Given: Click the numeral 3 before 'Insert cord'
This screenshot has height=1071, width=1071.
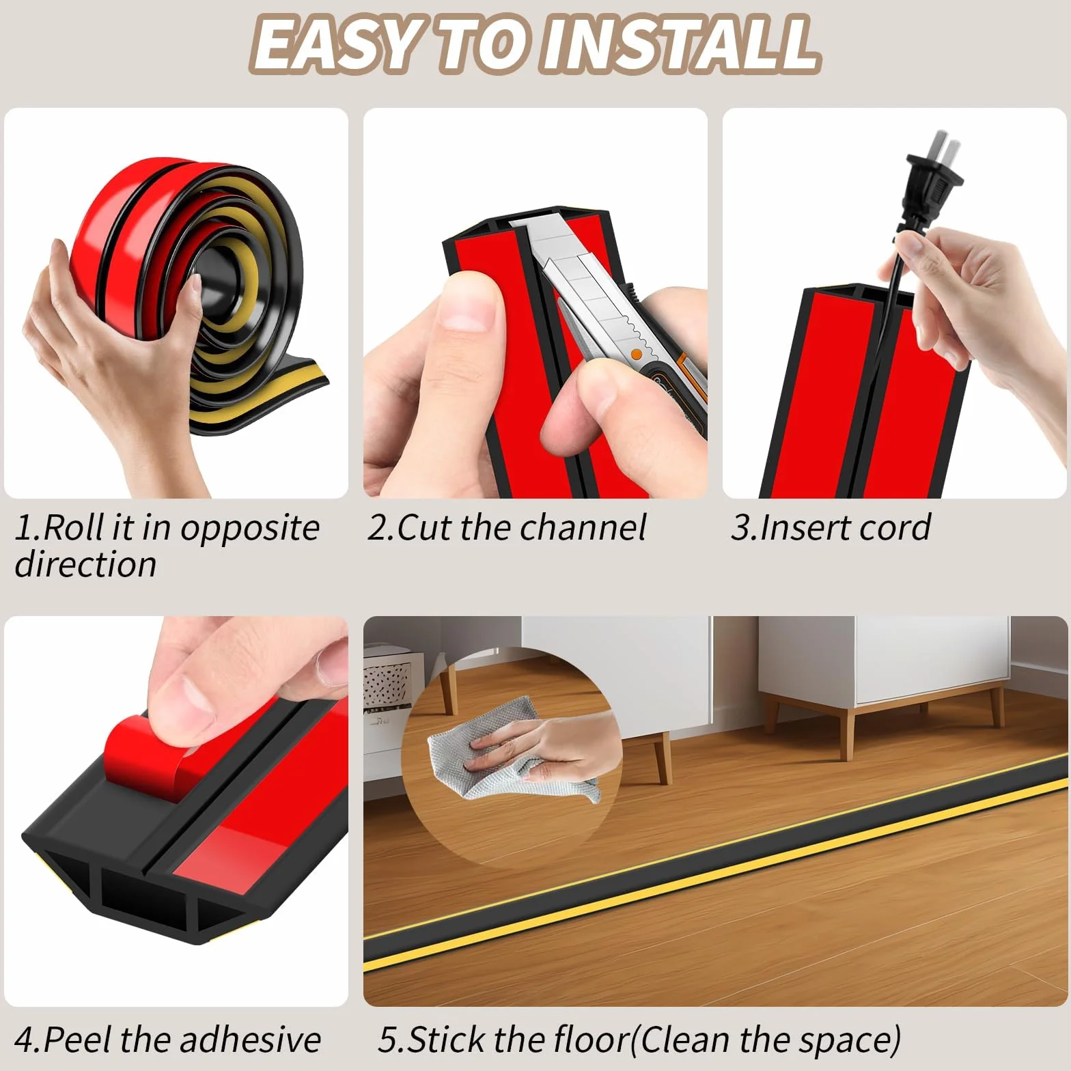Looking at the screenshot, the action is coord(740,527).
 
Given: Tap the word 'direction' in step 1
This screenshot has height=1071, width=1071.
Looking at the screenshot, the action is coord(85,565).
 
